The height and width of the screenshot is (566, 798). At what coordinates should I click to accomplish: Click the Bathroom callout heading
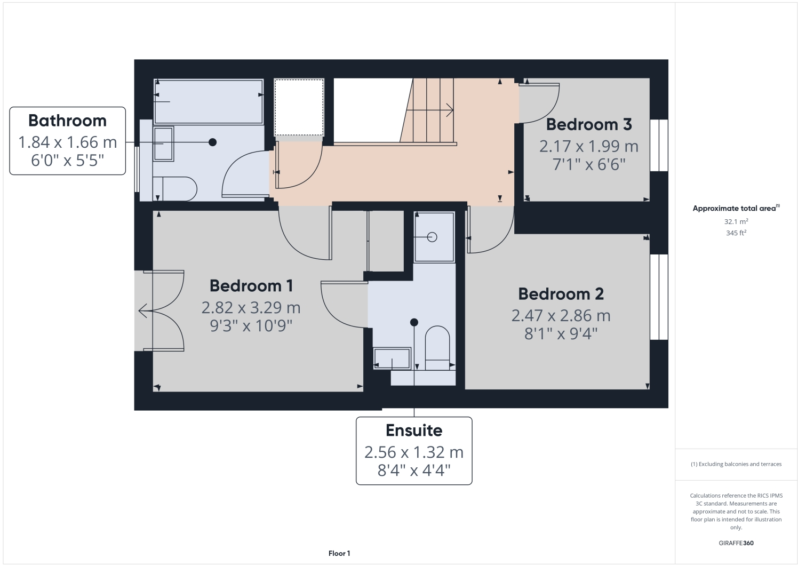coord(67,121)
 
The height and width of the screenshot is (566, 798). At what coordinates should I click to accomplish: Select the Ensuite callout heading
coord(414,431)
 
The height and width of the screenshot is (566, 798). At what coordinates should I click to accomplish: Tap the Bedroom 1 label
coord(251,286)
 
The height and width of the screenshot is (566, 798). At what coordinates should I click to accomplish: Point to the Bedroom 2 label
coord(561,294)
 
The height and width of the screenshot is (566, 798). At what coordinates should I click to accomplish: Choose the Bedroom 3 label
coord(589,124)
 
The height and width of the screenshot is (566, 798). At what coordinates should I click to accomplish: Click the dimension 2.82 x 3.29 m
coord(251,308)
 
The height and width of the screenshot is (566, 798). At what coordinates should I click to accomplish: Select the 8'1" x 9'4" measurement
coord(561,334)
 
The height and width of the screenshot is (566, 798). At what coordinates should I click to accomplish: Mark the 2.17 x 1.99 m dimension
coord(589,146)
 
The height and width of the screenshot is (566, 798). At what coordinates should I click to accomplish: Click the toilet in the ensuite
coord(437,347)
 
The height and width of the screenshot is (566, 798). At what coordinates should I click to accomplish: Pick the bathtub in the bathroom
coord(208,101)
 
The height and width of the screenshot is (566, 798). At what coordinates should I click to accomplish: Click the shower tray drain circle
coord(432,237)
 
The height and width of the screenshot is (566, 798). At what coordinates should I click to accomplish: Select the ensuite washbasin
coord(392,358)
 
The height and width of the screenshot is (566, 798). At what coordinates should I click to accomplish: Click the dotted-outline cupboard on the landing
coord(299,107)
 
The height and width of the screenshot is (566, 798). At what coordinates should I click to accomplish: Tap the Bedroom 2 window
coord(659,297)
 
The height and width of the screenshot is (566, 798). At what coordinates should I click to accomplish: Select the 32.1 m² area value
coord(736,221)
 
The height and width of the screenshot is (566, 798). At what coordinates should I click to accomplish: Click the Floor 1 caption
coord(339,554)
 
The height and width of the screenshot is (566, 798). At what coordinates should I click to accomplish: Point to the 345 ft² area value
coord(736,233)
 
